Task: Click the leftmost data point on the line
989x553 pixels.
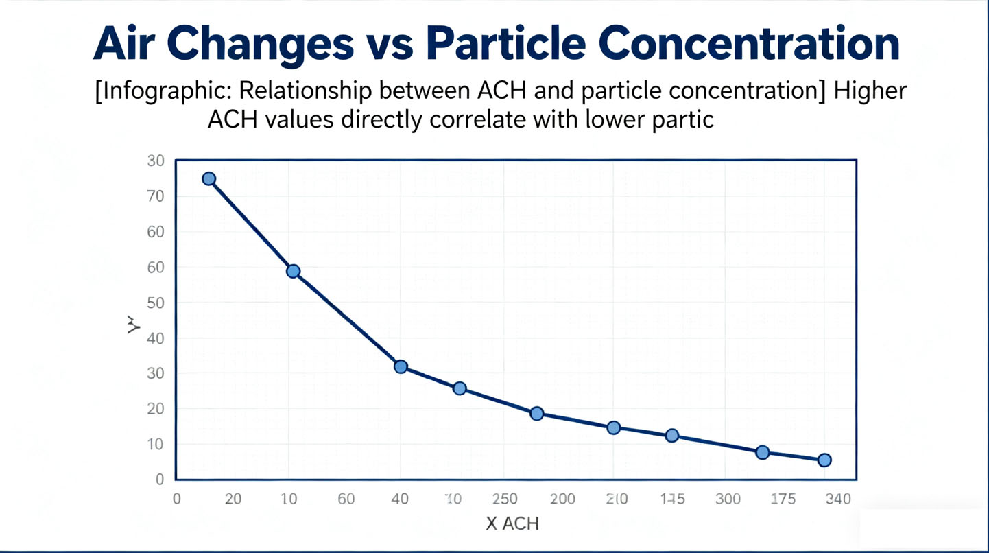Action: [209, 178]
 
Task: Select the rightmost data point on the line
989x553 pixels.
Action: [824, 460]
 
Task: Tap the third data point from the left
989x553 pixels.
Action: [401, 366]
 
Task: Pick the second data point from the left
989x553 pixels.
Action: [293, 271]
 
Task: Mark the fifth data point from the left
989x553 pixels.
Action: [537, 413]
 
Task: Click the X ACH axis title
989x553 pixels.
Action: [512, 523]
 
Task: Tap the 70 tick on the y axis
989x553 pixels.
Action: [156, 196]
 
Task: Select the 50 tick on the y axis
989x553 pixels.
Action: [156, 303]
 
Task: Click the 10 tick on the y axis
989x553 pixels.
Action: [156, 444]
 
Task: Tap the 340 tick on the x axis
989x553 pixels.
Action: [838, 499]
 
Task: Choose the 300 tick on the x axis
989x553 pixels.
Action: [727, 499]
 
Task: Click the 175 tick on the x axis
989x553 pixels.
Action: [782, 499]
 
